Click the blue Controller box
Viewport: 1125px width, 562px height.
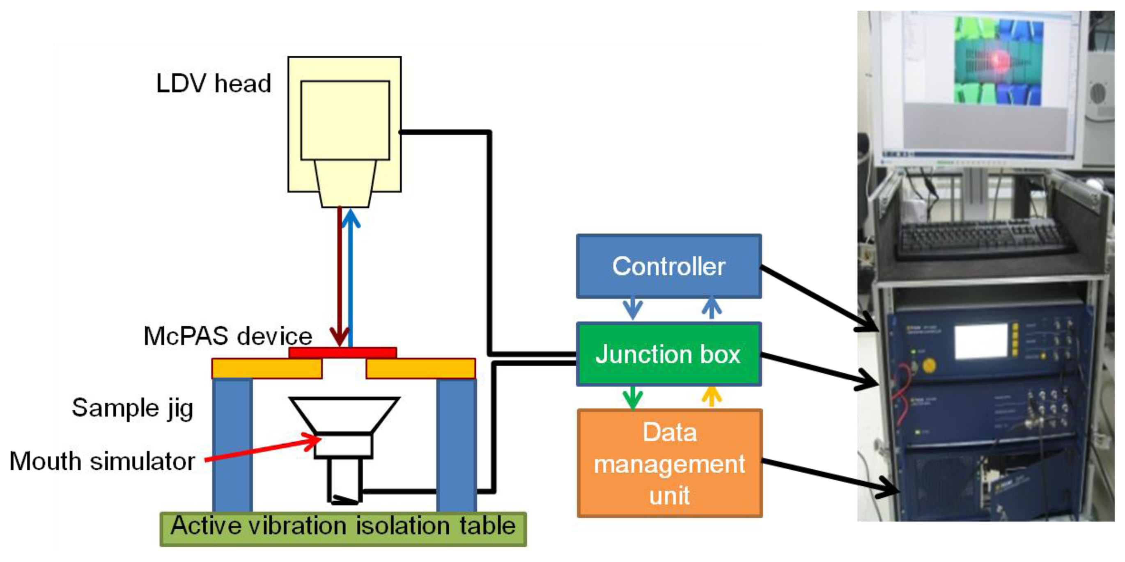point(668,266)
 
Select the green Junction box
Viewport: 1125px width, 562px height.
point(668,354)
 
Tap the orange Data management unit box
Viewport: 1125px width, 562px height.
point(670,464)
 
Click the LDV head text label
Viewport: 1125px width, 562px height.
point(214,83)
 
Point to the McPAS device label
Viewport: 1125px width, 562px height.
point(227,336)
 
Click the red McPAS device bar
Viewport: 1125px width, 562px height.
point(343,352)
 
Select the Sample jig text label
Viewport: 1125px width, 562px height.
point(132,409)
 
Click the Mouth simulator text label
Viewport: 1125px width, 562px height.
point(102,461)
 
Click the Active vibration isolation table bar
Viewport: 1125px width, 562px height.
point(343,528)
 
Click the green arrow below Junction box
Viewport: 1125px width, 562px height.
point(632,397)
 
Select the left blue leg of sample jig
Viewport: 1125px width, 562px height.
point(232,445)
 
